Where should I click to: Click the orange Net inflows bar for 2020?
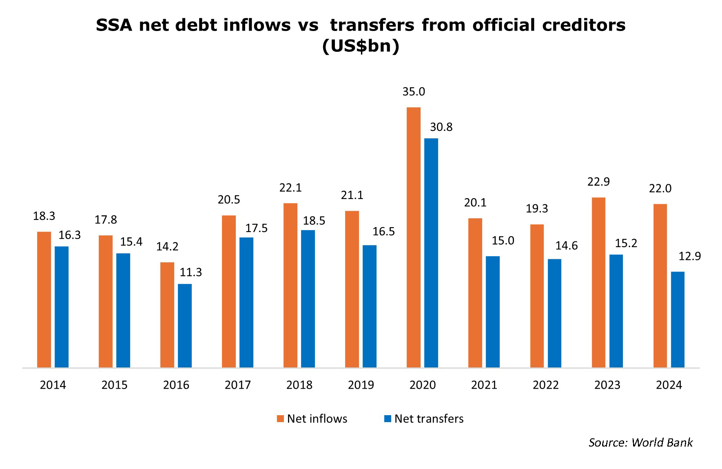[x=414, y=237]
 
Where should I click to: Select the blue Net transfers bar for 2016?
[x=185, y=325]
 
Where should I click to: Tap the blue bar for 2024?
[x=678, y=320]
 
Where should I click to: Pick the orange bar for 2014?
[x=44, y=299]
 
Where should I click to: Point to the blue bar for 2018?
[x=308, y=299]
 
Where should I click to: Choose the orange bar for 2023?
[x=598, y=282]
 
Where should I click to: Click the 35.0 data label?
[x=414, y=92]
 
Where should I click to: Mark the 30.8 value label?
[x=441, y=127]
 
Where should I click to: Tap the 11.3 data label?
[x=191, y=272]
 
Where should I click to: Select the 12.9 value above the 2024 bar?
[x=690, y=256]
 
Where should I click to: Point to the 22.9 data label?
[x=598, y=182]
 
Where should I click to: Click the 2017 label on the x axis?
[x=238, y=385]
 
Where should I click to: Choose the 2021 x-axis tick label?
[x=484, y=385]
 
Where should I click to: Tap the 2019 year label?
[x=361, y=385]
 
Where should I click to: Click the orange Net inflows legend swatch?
[x=280, y=418]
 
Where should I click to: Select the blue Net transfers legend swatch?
[x=388, y=418]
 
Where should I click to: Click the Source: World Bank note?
[x=640, y=442]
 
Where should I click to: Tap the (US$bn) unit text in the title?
[x=361, y=46]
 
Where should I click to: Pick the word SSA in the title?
[x=114, y=25]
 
